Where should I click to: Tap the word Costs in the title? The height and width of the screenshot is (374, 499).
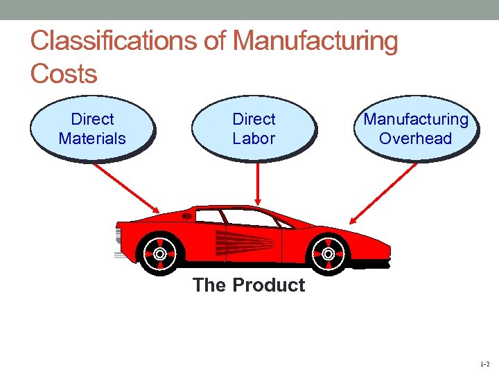coord(64,73)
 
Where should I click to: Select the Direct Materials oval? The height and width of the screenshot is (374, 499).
coord(92,129)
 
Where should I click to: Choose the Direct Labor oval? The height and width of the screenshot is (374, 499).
coord(254,129)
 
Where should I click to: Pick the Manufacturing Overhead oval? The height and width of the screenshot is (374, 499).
coord(416,129)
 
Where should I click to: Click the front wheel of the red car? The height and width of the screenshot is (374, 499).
coord(159,253)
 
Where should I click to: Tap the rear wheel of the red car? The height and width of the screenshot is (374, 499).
coord(328,253)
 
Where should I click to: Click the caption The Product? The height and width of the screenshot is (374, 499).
coord(249,285)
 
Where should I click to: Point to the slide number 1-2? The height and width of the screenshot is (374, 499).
coord(484,363)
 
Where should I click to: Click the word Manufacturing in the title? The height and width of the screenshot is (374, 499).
coord(315,42)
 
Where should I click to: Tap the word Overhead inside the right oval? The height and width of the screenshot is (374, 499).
coord(416,139)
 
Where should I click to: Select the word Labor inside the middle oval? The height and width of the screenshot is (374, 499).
coord(254,139)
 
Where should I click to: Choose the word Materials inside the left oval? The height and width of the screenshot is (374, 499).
coord(92,139)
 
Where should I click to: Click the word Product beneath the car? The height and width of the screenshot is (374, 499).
coord(269,285)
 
